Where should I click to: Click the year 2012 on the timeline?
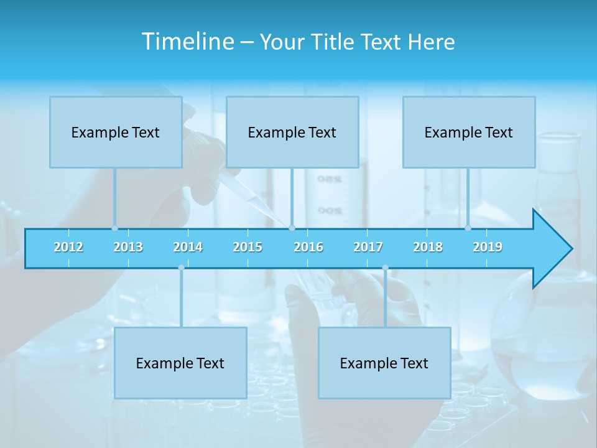tap(68, 247)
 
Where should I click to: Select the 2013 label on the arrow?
tap(128, 247)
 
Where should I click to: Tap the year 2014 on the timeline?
tap(188, 247)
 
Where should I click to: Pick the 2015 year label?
tap(248, 247)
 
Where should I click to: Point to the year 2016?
tap(308, 247)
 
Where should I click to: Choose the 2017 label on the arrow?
tap(368, 247)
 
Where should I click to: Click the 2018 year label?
tap(428, 247)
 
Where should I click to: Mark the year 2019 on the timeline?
tap(488, 247)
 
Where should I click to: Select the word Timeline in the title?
tap(188, 41)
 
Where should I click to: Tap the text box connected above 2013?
tap(116, 132)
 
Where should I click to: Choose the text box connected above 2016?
tap(292, 132)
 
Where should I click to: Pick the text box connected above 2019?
tap(469, 132)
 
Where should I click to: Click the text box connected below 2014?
tap(180, 363)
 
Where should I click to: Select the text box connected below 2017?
tap(384, 363)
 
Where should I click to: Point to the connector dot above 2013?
tap(114, 228)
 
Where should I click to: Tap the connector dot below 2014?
tap(181, 268)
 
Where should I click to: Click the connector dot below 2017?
tap(385, 268)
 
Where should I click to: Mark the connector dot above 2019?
tap(468, 228)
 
